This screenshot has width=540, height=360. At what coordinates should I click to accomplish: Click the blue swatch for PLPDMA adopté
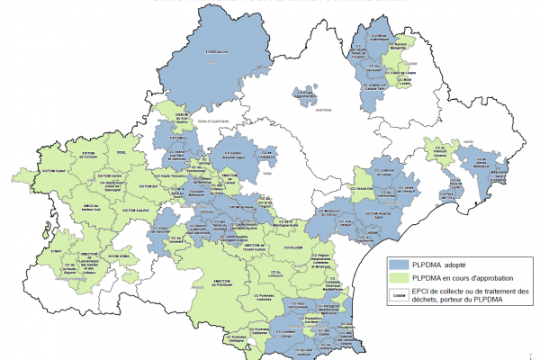[399, 266]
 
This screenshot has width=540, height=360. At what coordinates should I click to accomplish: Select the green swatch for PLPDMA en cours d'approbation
[399, 279]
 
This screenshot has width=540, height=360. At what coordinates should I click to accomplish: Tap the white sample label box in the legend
[399, 294]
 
